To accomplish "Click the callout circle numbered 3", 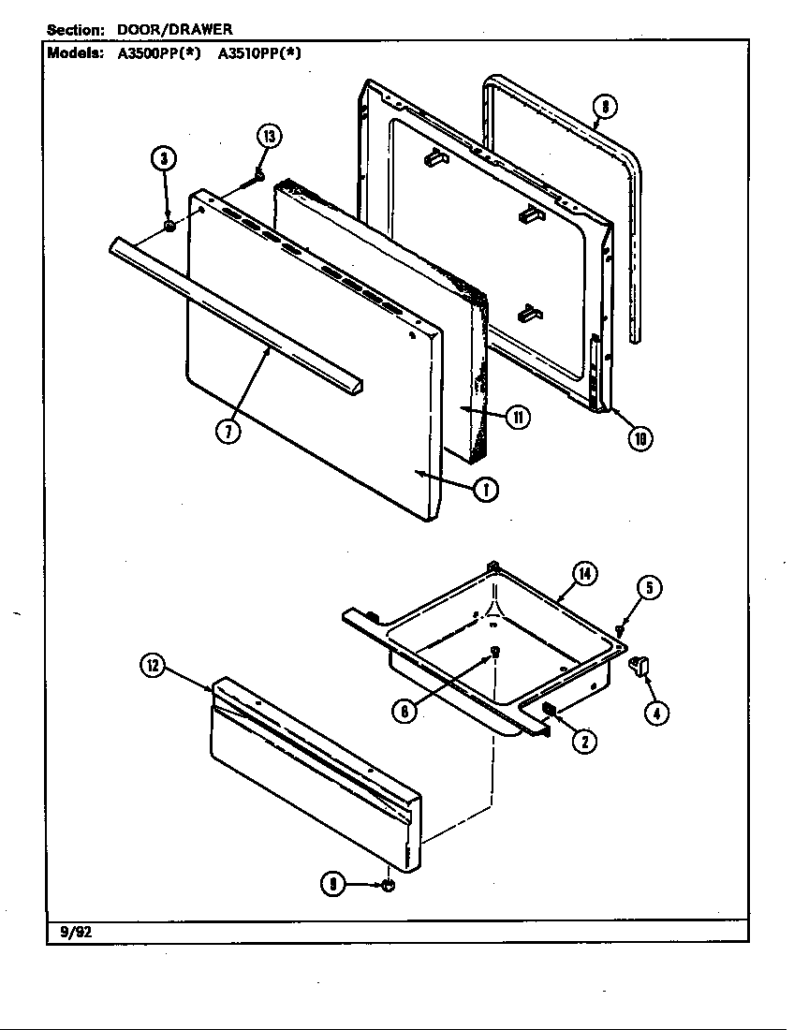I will pyautogui.click(x=164, y=158).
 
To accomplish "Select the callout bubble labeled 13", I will pyautogui.click(x=269, y=137).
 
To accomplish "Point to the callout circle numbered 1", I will pyautogui.click(x=484, y=489).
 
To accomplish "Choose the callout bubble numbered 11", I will pyautogui.click(x=517, y=418).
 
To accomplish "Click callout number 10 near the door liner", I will pyautogui.click(x=640, y=437).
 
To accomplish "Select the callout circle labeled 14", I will pyautogui.click(x=585, y=575).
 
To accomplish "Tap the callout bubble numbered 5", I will pyautogui.click(x=651, y=587).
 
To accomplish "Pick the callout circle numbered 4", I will pyautogui.click(x=656, y=713).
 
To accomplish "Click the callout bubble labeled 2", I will pyautogui.click(x=583, y=742).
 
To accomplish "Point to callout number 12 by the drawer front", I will pyautogui.click(x=153, y=666).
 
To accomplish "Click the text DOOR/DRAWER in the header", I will pyautogui.click(x=174, y=30).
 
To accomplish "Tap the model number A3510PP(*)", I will pyautogui.click(x=259, y=53).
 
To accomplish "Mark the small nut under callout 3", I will pyautogui.click(x=169, y=227).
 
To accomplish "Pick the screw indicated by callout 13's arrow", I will pyautogui.click(x=259, y=176).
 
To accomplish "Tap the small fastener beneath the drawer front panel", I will pyautogui.click(x=389, y=885).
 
